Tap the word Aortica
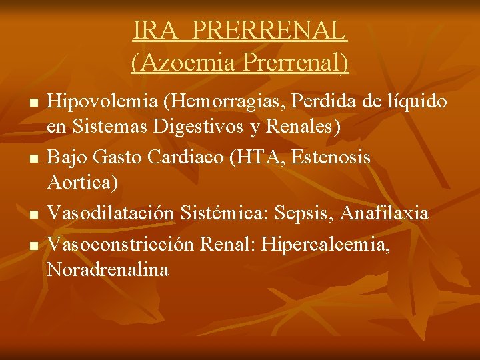[83, 181]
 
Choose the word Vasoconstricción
[121, 245]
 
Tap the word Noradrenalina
[108, 269]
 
